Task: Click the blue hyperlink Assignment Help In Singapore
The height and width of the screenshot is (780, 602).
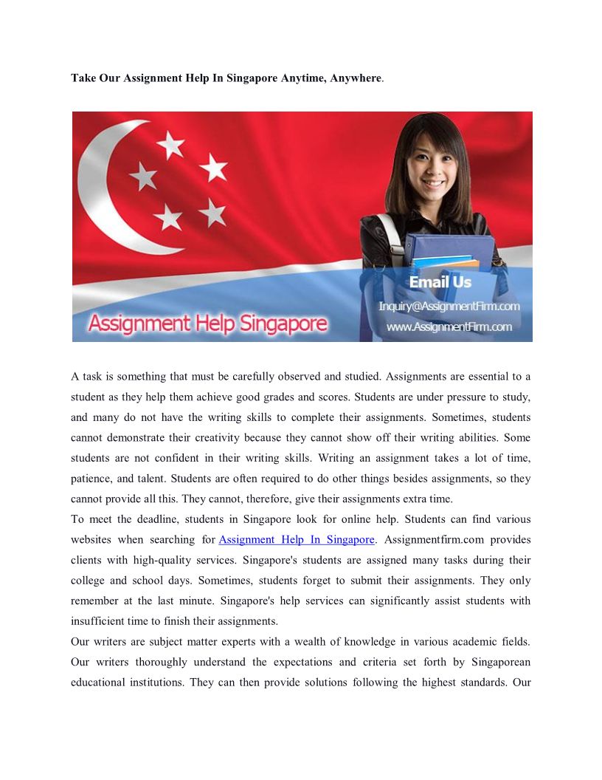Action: pyautogui.click(x=297, y=540)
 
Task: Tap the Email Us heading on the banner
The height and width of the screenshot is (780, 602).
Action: pyautogui.click(x=440, y=282)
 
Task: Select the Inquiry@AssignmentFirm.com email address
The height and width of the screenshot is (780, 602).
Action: pyautogui.click(x=449, y=306)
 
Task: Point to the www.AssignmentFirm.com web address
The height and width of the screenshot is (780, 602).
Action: pyautogui.click(x=449, y=326)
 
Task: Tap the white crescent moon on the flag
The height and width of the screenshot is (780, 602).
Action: pyautogui.click(x=103, y=185)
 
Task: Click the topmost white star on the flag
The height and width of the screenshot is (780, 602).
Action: pyautogui.click(x=170, y=144)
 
